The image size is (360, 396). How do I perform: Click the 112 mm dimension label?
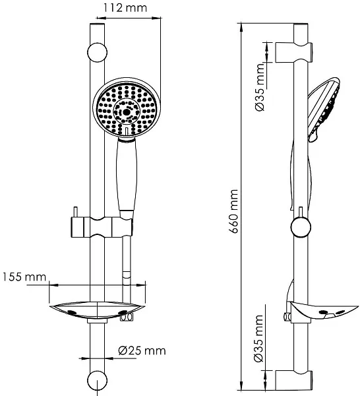pyautogui.click(x=125, y=7)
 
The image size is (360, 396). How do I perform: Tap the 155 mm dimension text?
pyautogui.click(x=24, y=277)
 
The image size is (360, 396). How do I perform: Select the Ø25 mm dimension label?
pyautogui.click(x=142, y=350)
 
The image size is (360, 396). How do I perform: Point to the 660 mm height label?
pyautogui.click(x=234, y=211)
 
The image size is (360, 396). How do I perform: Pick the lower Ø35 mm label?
pyautogui.click(x=259, y=339)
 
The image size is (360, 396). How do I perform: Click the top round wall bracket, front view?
pyautogui.click(x=97, y=53)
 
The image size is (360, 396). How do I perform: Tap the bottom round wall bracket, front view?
pyautogui.click(x=97, y=381)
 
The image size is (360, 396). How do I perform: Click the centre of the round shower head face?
pyautogui.click(x=127, y=110)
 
